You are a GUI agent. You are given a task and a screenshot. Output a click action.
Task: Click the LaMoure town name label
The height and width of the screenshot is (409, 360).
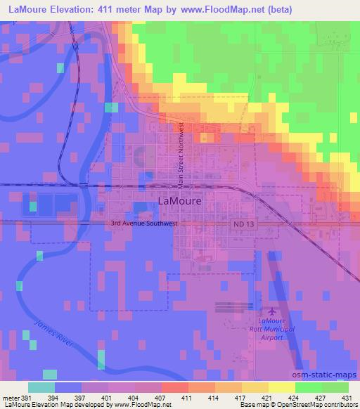click(181, 200)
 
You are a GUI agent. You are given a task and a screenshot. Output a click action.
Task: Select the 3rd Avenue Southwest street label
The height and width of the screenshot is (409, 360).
click(144, 224)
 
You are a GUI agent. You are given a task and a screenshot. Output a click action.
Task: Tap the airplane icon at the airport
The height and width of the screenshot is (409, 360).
click(273, 311)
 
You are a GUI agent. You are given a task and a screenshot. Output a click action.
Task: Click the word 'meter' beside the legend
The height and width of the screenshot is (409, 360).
click(11, 397)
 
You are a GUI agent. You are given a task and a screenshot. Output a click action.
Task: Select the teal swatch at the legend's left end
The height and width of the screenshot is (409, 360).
click(41, 387)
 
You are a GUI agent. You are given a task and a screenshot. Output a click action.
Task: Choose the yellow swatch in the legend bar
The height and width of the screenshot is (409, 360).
click(281, 387)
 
